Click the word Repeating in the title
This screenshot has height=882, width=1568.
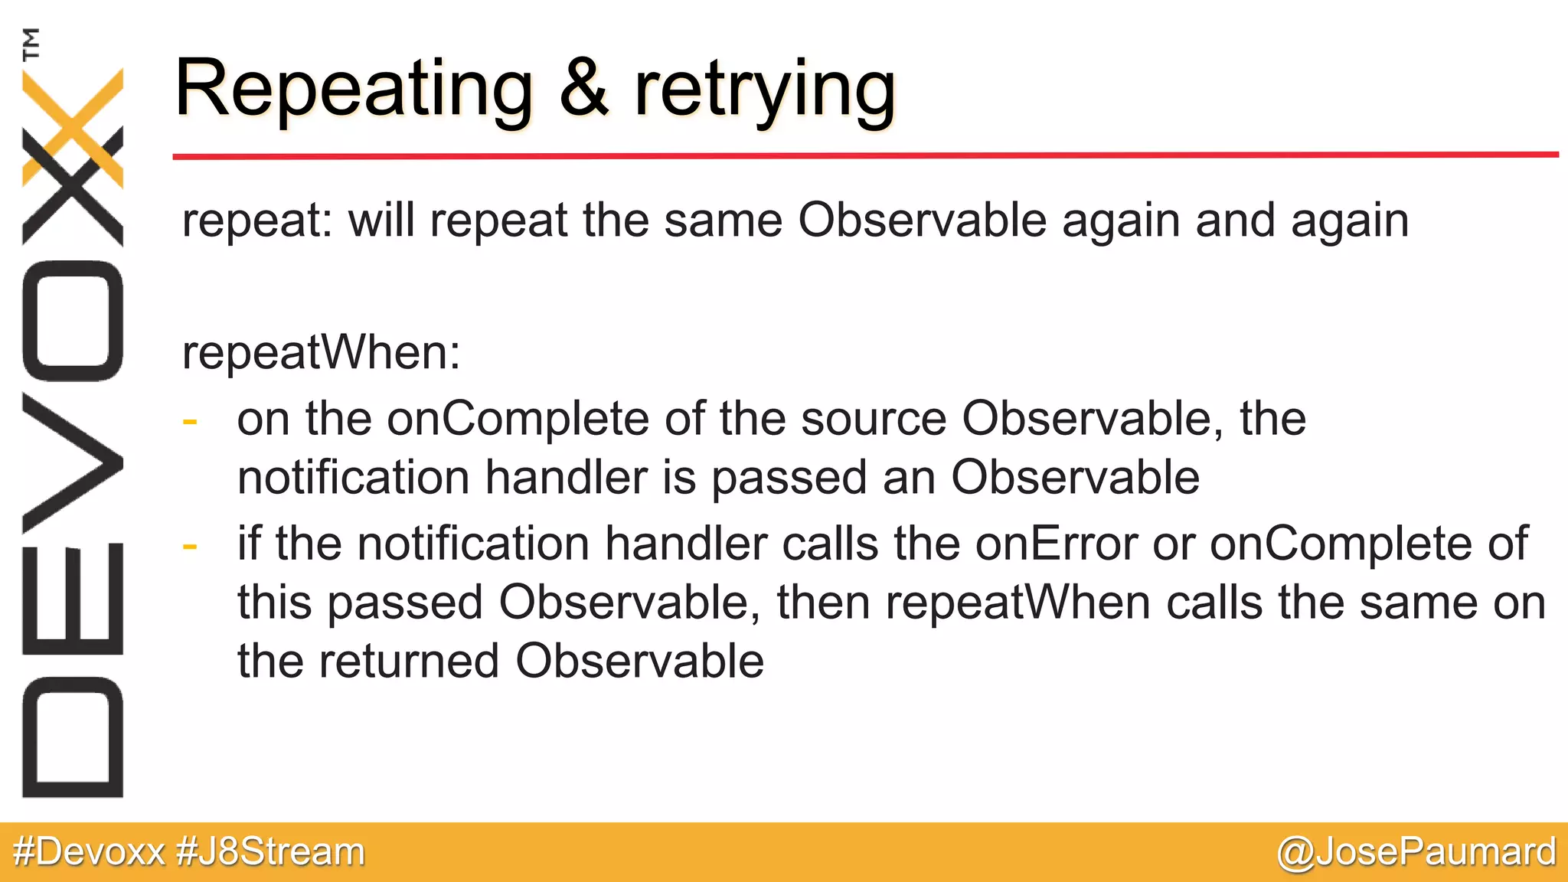tap(353, 90)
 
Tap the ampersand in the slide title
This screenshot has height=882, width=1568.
tap(583, 90)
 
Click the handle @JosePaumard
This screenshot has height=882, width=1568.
tap(1416, 852)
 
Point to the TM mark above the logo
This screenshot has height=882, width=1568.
tap(31, 44)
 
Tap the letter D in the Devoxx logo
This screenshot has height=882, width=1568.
tap(73, 737)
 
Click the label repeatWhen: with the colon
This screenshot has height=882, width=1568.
tap(322, 354)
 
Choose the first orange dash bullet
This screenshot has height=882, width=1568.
tap(190, 421)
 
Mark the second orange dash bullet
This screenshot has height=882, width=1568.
tap(190, 546)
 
